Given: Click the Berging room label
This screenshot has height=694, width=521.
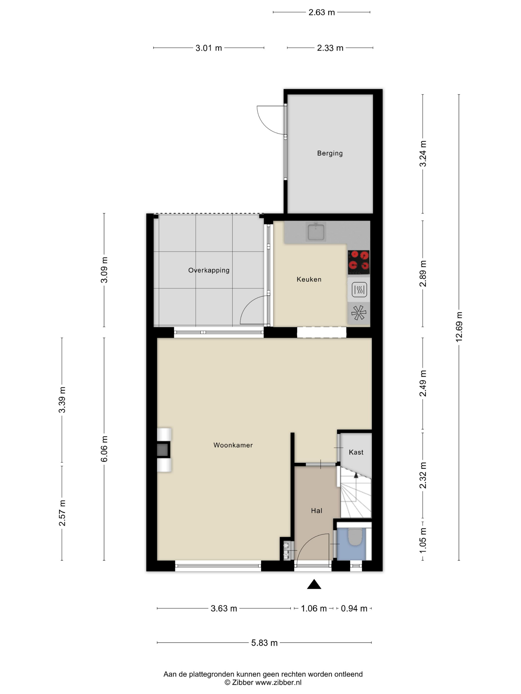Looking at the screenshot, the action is pyautogui.click(x=330, y=153).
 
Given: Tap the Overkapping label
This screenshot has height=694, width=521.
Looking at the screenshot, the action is pyautogui.click(x=209, y=270).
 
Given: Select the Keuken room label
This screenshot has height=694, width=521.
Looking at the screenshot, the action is pyautogui.click(x=309, y=279).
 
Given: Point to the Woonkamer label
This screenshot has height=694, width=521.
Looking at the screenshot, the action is pyautogui.click(x=233, y=445).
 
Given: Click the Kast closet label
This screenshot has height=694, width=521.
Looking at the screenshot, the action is pyautogui.click(x=356, y=452).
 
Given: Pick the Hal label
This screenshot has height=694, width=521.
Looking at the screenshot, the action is pyautogui.click(x=317, y=511).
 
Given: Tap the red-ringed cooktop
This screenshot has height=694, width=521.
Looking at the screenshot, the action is pyautogui.click(x=359, y=262).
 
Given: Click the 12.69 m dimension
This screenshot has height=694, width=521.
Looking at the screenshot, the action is pyautogui.click(x=459, y=327).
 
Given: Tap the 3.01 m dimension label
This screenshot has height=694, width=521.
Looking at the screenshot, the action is pyautogui.click(x=209, y=48).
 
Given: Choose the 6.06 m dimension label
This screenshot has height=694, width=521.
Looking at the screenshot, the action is pyautogui.click(x=104, y=449).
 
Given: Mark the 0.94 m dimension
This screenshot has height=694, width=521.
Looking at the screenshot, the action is pyautogui.click(x=354, y=609).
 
